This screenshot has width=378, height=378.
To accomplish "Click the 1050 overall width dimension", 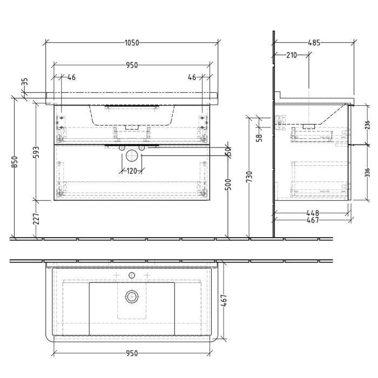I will pos(132,42).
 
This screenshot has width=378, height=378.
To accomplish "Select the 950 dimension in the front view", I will pos(132,65).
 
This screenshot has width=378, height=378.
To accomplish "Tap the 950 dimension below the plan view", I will pos(132,353).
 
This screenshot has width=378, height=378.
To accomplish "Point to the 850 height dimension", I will pos(16,163).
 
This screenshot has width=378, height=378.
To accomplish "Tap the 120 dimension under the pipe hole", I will pos(132,172).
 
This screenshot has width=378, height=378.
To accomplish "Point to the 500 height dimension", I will pos(228,187).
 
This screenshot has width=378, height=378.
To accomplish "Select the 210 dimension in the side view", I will pos(292,55).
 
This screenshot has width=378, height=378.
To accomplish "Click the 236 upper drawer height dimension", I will pos(367,125).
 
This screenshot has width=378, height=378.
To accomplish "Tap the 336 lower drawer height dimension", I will pos(367,172).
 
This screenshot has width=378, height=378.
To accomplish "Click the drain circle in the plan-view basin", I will pos(132,296).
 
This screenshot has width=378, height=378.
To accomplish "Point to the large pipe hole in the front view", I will pos(132,157).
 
